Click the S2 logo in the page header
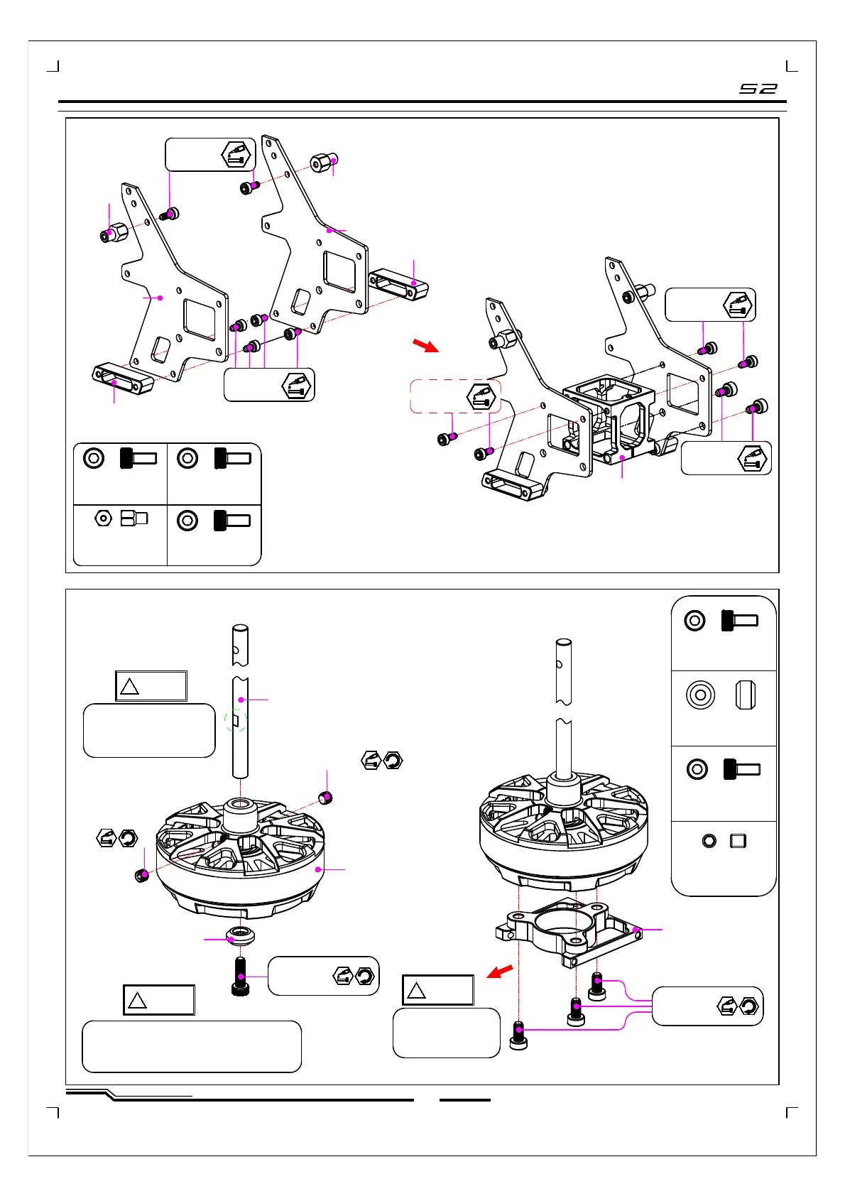[x=758, y=88]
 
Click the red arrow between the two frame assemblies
[x=425, y=345]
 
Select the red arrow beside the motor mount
[x=500, y=971]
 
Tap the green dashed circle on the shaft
[x=236, y=721]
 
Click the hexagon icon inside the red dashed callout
[x=481, y=397]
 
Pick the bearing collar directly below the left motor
[x=241, y=935]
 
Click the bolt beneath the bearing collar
[x=241, y=976]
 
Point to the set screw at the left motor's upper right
[x=325, y=798]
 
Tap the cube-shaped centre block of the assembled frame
[x=609, y=419]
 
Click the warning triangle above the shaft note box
[x=130, y=686]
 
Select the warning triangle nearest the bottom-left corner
[x=137, y=1000]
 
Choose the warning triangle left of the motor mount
[x=416, y=991]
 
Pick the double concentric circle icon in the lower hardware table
[x=700, y=695]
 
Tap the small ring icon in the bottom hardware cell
[x=709, y=841]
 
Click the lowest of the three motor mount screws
[x=518, y=1035]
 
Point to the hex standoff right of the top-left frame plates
[x=324, y=162]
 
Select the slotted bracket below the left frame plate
[x=123, y=379]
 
